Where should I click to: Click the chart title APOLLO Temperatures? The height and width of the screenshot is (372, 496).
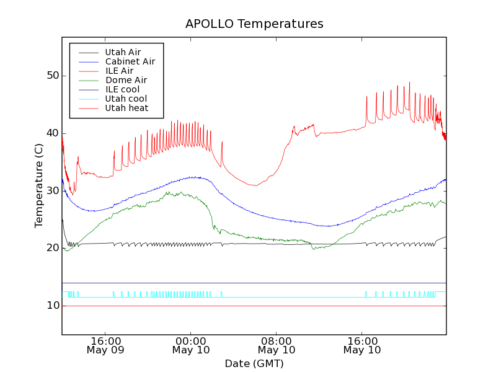(x=254, y=24)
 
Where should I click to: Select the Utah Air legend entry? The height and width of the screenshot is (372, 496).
(x=123, y=52)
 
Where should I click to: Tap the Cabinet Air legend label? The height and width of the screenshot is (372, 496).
(x=130, y=61)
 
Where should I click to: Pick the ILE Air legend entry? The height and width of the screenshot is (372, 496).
(x=119, y=71)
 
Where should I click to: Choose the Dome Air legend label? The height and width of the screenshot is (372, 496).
(x=126, y=80)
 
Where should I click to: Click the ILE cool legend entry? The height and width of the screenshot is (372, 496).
(x=122, y=89)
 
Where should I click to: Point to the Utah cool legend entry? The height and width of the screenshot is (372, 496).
(x=126, y=99)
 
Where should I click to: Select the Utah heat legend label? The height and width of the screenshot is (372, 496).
(x=126, y=108)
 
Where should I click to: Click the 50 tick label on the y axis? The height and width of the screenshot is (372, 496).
(x=53, y=76)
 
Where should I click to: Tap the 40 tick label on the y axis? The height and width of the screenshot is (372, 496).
(x=53, y=133)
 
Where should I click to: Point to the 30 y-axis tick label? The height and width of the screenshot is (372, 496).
(x=53, y=190)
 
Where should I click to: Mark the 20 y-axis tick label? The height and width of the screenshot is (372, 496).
(x=53, y=248)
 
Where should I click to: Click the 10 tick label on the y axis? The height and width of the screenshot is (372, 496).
(x=53, y=306)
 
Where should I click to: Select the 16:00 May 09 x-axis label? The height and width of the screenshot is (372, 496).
(x=105, y=345)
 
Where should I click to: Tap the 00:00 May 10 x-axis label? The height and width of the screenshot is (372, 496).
(x=191, y=345)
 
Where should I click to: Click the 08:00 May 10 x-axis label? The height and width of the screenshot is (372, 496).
(x=277, y=345)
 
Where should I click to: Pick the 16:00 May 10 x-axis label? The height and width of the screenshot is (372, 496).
(x=362, y=345)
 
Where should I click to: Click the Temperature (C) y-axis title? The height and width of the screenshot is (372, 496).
(x=38, y=185)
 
